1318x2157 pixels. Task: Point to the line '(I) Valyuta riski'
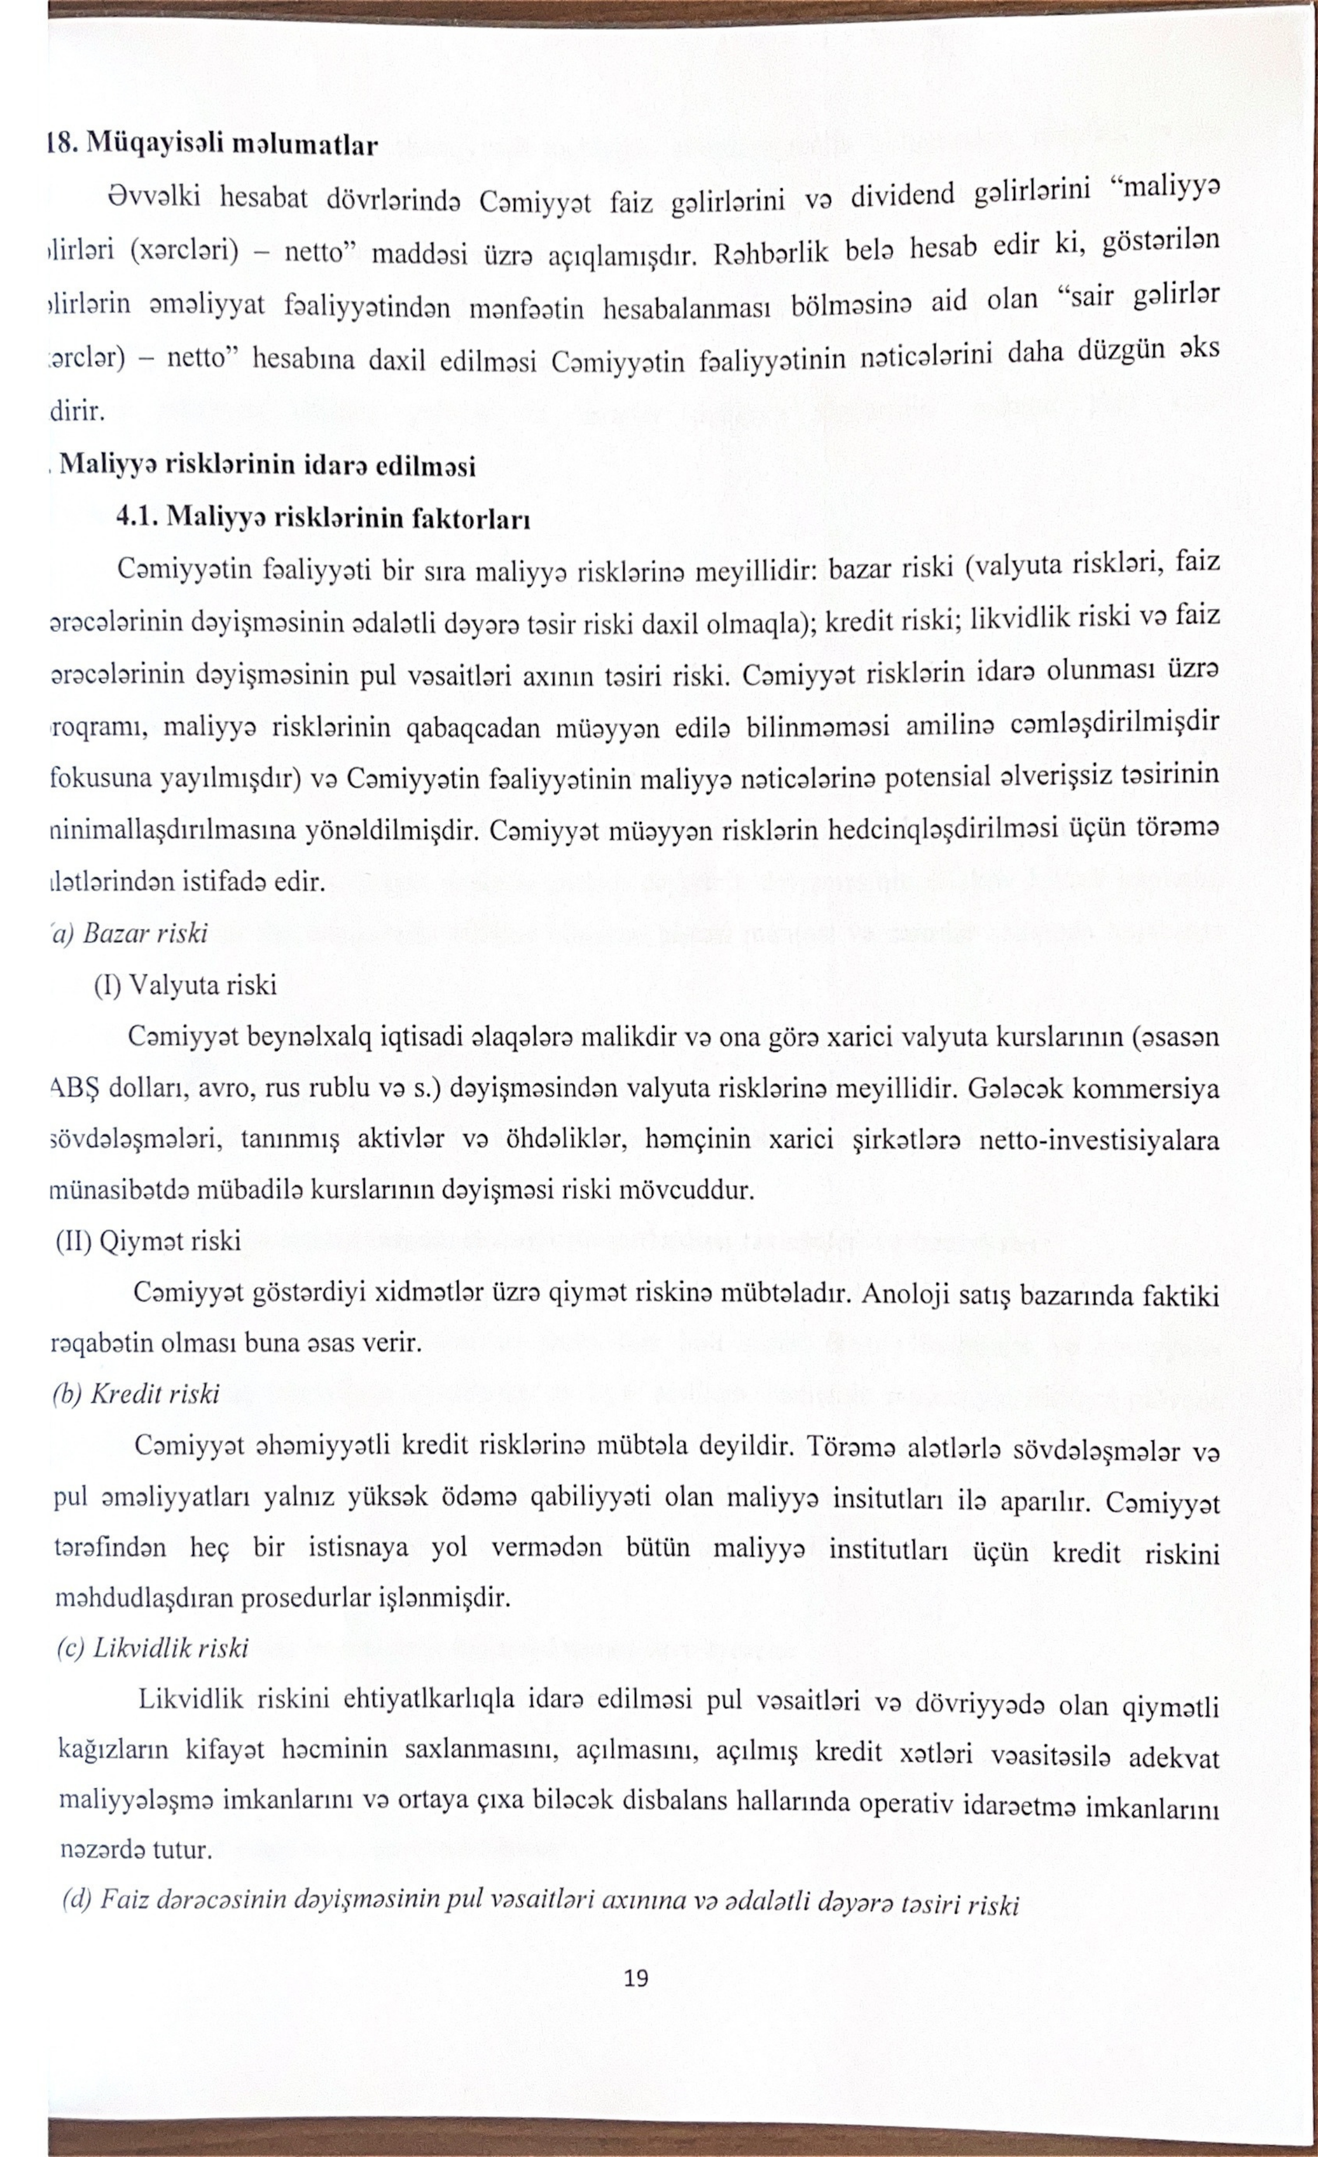(185, 986)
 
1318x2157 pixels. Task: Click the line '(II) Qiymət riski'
(149, 1241)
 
